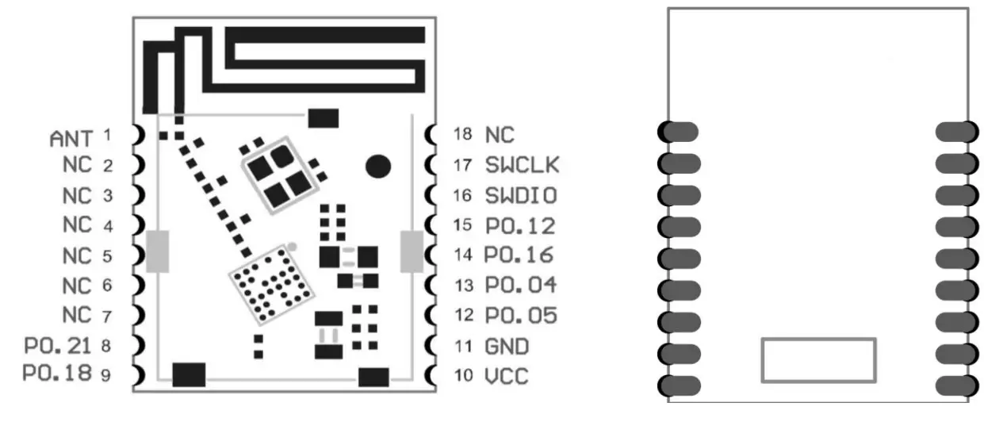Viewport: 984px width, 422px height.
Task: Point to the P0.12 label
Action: click(521, 225)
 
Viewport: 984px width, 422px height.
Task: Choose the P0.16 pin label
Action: click(519, 255)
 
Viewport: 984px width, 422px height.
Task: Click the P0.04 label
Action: click(521, 285)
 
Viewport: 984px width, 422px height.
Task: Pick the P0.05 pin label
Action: click(521, 315)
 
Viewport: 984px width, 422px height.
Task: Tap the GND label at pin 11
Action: click(507, 347)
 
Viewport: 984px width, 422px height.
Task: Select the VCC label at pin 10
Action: click(507, 375)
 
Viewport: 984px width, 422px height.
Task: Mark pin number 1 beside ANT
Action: click(106, 136)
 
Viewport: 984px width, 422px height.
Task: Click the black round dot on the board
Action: click(378, 166)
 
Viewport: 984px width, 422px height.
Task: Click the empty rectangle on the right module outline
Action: click(818, 360)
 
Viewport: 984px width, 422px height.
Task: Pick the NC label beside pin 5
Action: click(78, 255)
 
